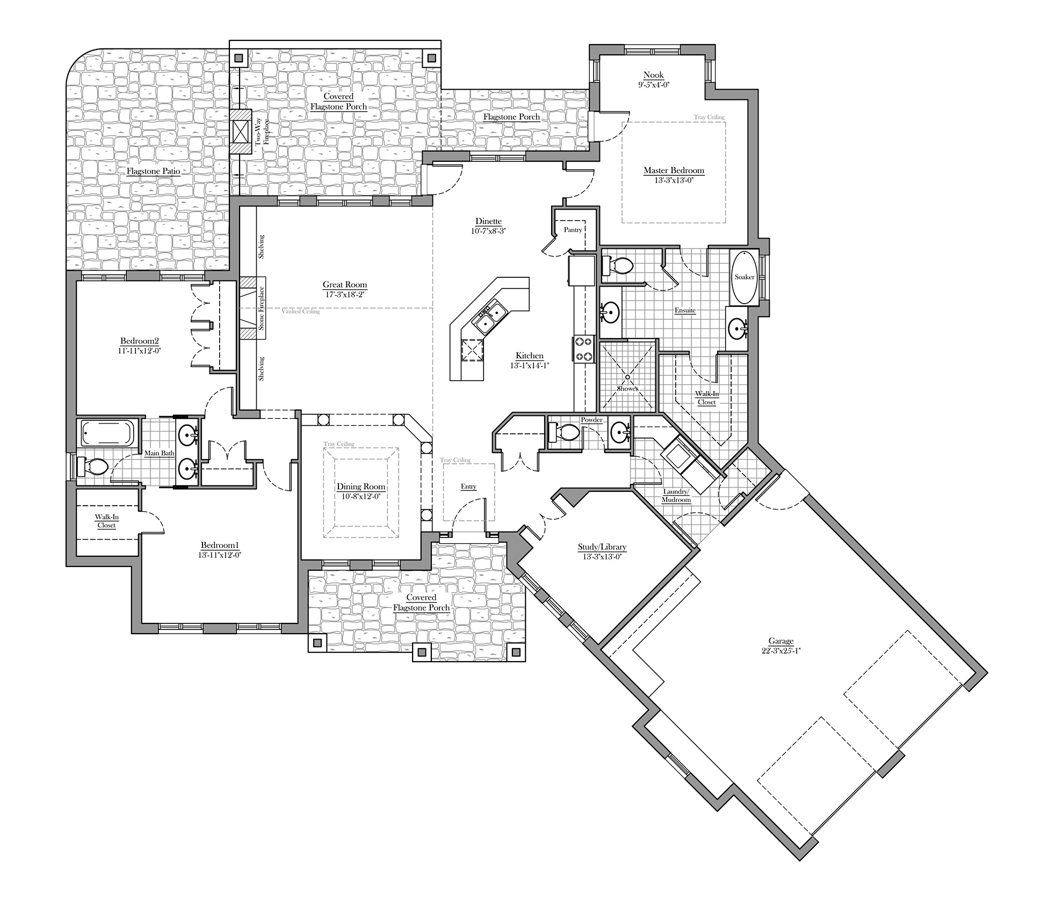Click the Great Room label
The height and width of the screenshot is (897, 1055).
[x=345, y=285]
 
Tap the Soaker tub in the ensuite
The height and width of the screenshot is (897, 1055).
[x=745, y=277]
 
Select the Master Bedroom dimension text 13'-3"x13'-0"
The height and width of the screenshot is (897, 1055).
[x=674, y=181]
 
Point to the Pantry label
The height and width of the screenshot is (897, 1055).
[x=573, y=230]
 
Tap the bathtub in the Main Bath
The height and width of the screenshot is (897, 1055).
[x=107, y=433]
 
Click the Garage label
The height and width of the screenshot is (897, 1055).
[x=781, y=641]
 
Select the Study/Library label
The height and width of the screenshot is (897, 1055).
[x=602, y=547]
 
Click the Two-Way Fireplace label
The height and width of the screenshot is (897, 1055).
[x=262, y=132]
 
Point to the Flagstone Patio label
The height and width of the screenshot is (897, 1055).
[x=153, y=171]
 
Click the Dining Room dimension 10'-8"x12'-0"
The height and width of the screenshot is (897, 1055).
[x=361, y=497]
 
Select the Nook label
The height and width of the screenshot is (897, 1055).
[x=654, y=75]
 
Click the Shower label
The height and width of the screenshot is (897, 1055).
[x=627, y=388]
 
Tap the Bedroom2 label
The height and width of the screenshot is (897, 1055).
[x=140, y=341]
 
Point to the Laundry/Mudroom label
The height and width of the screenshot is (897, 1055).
[x=676, y=496]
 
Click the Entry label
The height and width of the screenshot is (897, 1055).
[x=468, y=486]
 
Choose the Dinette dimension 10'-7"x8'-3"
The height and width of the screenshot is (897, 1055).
[x=488, y=231]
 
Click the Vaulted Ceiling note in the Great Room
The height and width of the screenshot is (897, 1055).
[x=300, y=311]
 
